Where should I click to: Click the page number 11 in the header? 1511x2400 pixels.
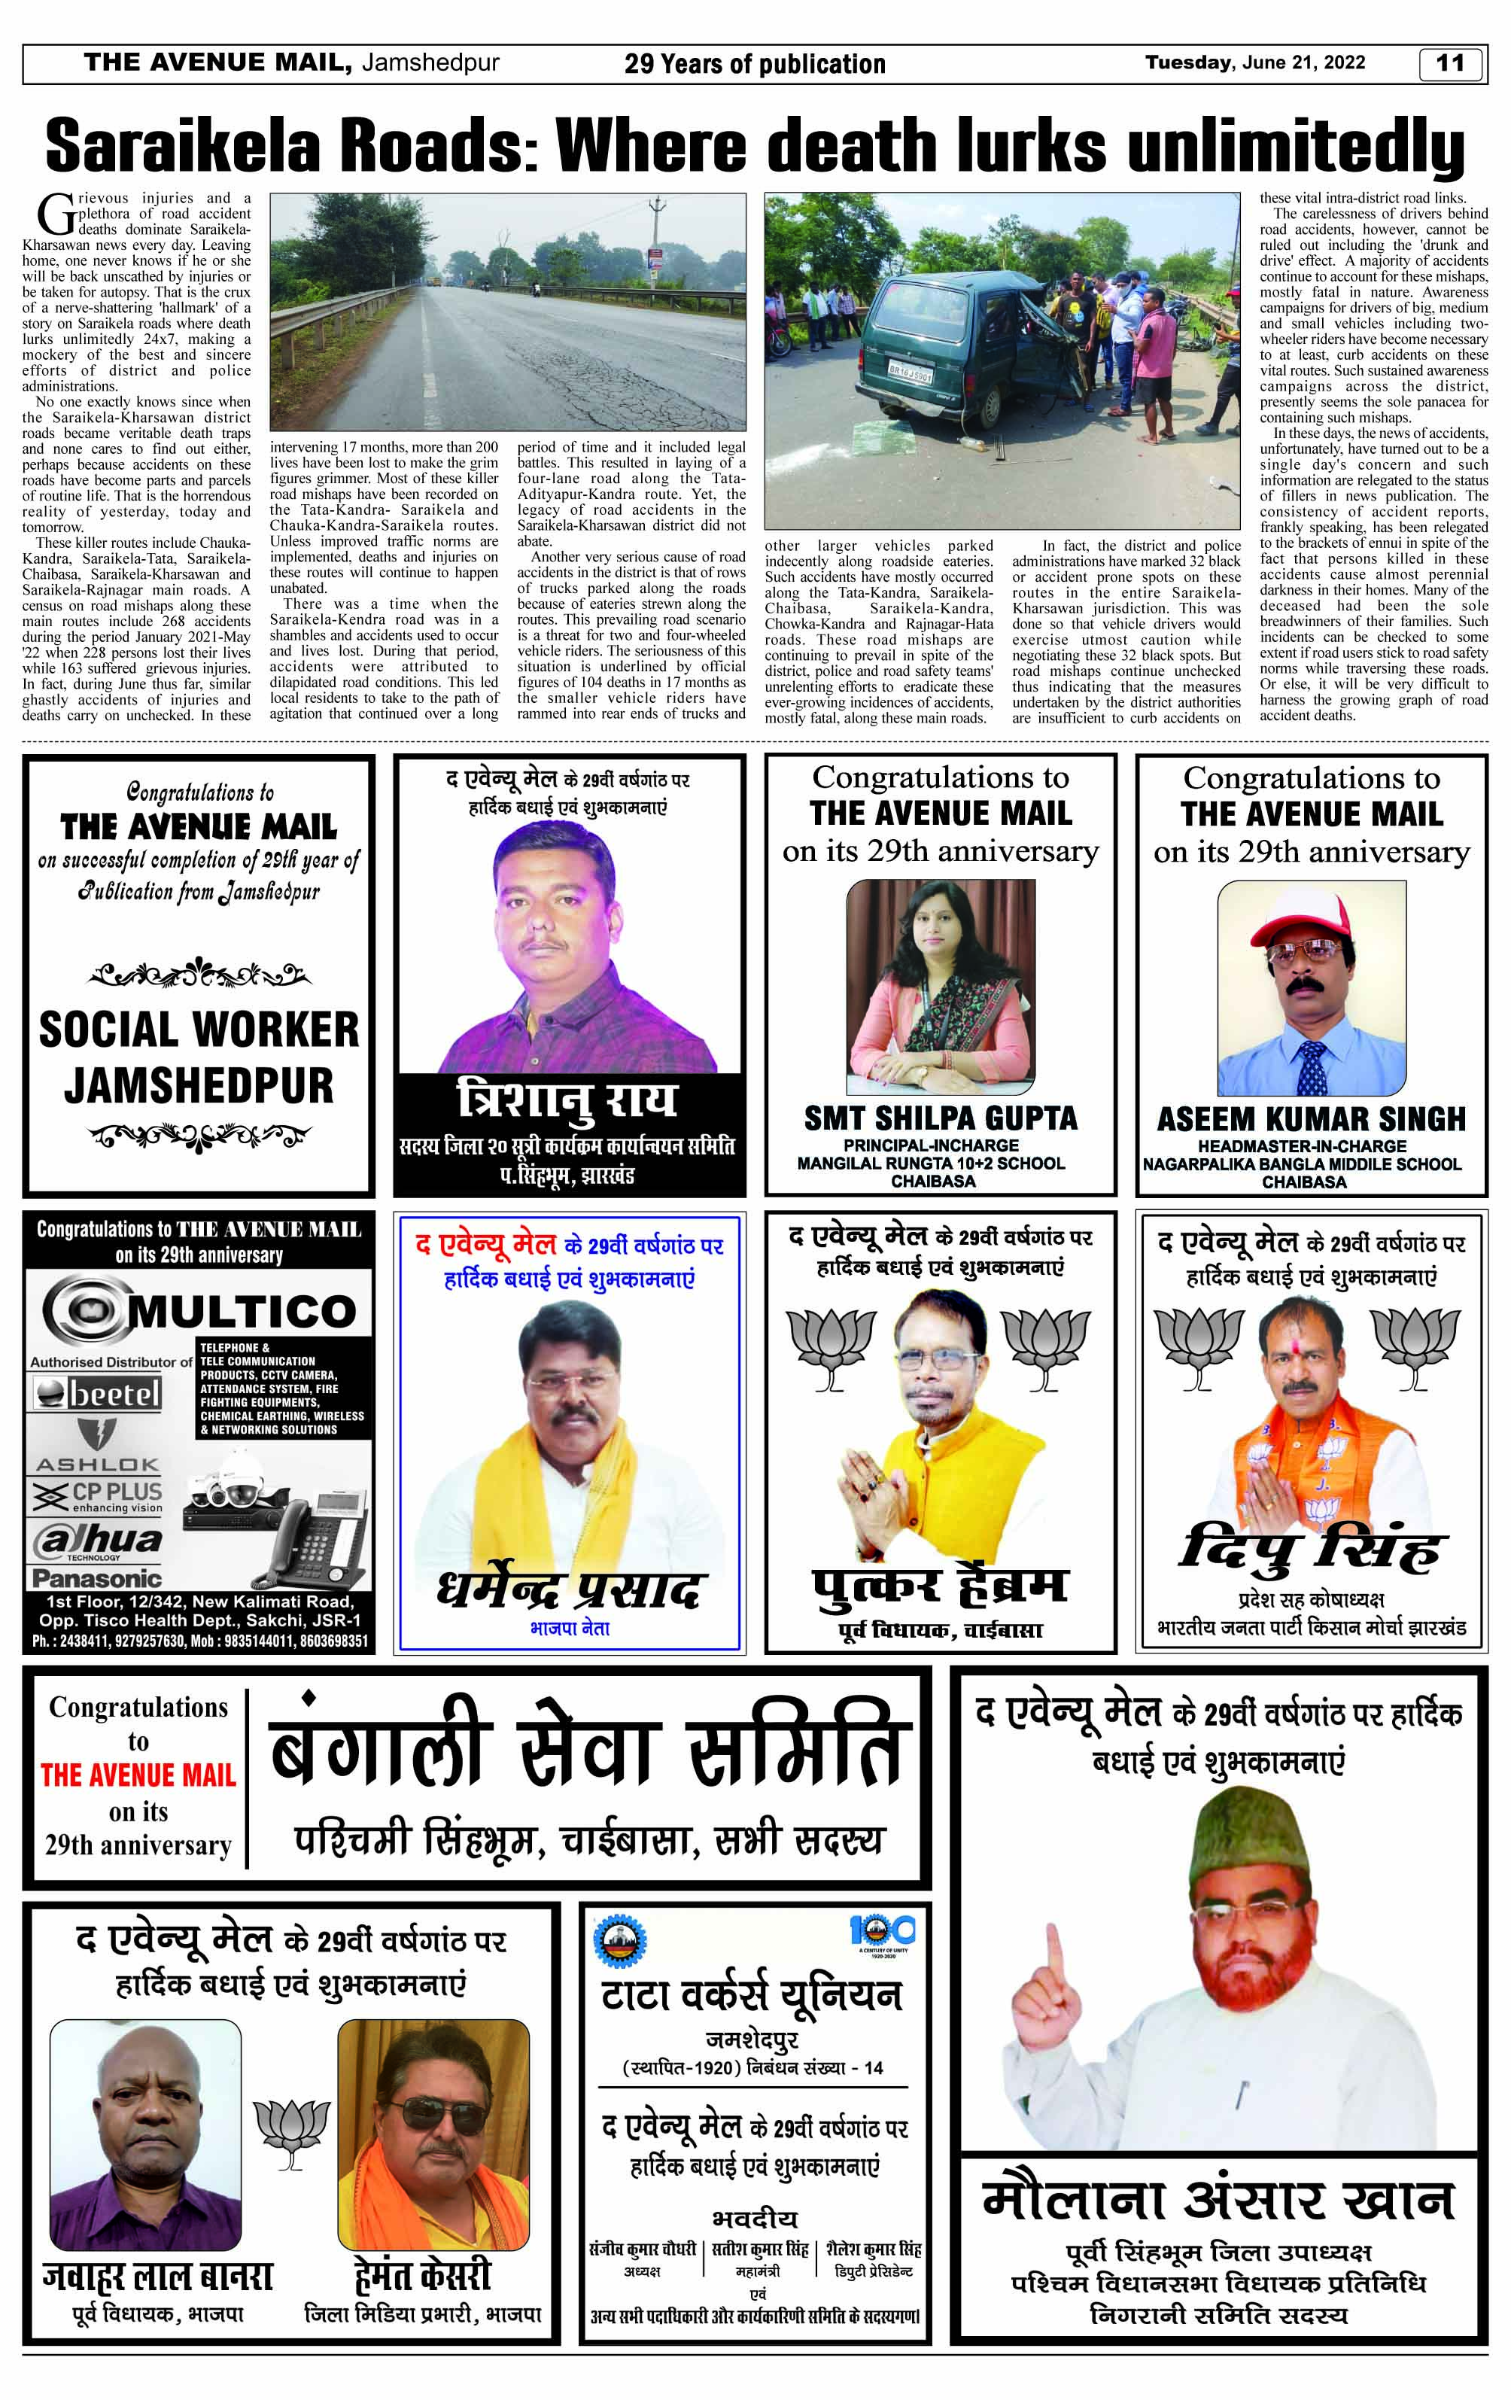[x=1450, y=64]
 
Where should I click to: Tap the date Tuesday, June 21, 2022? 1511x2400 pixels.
[x=1255, y=62]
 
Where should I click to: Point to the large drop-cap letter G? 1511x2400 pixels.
[x=56, y=213]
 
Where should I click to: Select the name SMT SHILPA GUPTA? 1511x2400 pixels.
[x=941, y=1118]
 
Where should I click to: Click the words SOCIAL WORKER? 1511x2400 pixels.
[x=199, y=1030]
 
